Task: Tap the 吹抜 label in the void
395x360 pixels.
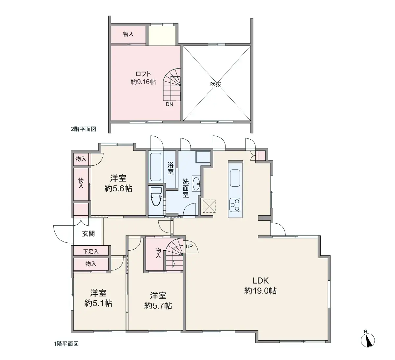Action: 216,84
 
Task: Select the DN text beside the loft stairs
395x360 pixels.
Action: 169,104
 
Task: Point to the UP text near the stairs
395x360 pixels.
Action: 190,246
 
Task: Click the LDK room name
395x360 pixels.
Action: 261,281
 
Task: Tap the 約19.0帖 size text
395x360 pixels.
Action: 260,291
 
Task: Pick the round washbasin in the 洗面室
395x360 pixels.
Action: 197,183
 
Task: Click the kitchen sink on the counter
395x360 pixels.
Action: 235,178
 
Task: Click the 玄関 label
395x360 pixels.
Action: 89,234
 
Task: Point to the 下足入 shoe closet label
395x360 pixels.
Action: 91,251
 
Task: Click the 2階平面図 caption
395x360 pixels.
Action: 83,129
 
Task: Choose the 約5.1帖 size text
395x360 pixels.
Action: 98,303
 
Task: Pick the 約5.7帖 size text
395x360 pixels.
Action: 158,306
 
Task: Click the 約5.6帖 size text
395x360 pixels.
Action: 118,188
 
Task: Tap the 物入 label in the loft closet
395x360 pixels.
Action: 128,34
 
